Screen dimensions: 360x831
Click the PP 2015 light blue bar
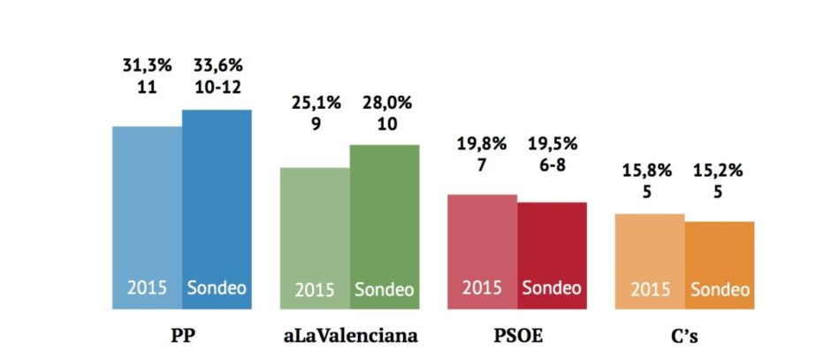147,218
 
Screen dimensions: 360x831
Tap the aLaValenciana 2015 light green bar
315,238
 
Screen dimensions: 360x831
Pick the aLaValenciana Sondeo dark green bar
385,226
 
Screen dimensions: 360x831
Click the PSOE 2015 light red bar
483,251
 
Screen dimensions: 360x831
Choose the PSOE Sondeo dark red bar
552,256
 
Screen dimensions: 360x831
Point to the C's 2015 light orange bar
650,261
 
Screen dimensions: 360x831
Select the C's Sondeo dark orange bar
720,265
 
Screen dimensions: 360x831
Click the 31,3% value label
145,65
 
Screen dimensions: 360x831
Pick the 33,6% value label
217,65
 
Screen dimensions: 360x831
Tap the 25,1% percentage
316,103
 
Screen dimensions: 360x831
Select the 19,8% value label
484,142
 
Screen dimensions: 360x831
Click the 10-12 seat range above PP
217,88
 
